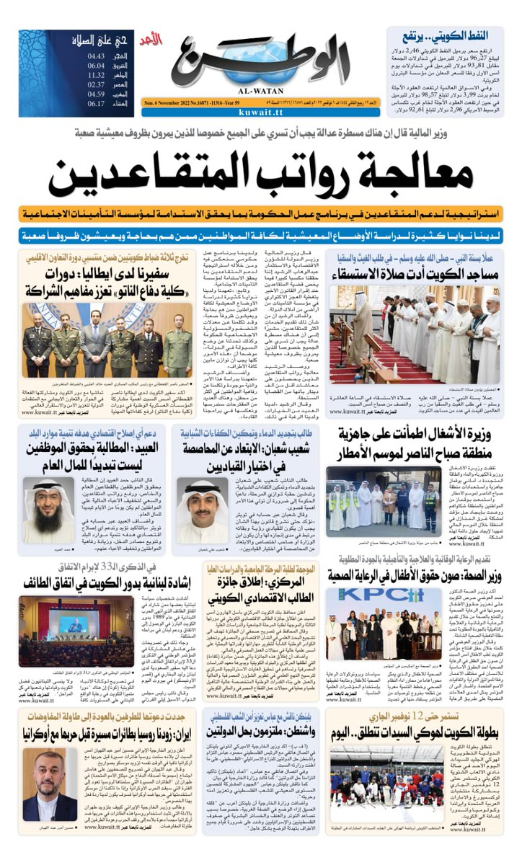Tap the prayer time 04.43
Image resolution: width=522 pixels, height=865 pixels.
[97, 56]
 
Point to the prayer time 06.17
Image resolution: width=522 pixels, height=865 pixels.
[97, 103]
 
